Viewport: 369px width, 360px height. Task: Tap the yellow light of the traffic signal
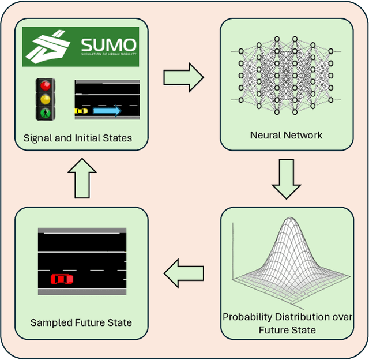click(44, 99)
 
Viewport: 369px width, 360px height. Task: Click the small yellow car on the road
click(81, 110)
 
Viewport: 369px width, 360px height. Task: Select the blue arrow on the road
click(106, 111)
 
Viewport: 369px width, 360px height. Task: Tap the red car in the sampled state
click(62, 279)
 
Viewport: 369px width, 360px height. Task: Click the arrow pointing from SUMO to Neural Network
click(183, 77)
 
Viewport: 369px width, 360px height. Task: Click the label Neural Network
click(286, 136)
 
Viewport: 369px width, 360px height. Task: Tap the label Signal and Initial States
click(77, 138)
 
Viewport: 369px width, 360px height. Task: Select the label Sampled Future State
click(81, 322)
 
